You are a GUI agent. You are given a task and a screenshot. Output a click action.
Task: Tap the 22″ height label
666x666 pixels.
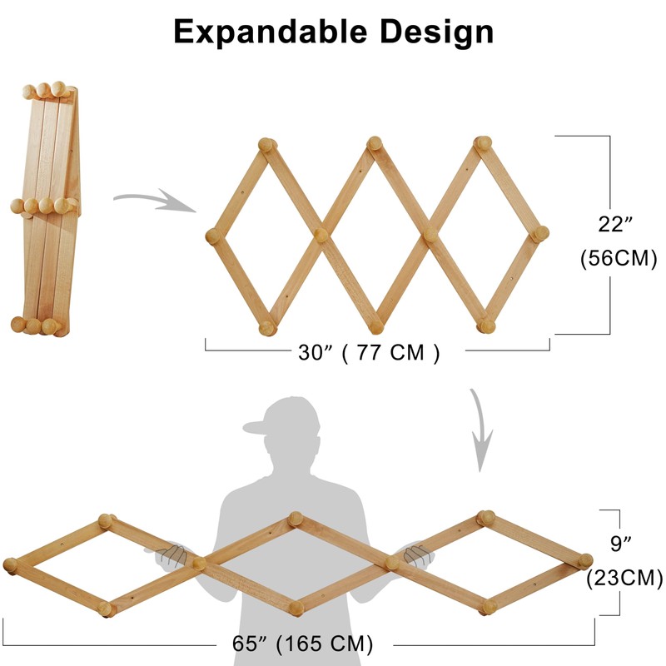617,225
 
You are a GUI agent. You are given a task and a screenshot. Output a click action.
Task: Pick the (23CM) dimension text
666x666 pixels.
624,577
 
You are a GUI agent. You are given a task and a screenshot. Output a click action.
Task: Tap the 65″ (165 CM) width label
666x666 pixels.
301,644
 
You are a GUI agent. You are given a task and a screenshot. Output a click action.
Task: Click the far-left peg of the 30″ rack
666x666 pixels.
212,236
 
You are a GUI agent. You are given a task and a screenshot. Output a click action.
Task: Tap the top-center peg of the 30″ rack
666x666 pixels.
375,146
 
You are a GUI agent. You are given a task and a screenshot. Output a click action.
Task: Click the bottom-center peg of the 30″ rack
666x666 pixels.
375,325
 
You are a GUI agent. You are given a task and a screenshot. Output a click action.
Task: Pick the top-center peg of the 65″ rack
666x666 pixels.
295,520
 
